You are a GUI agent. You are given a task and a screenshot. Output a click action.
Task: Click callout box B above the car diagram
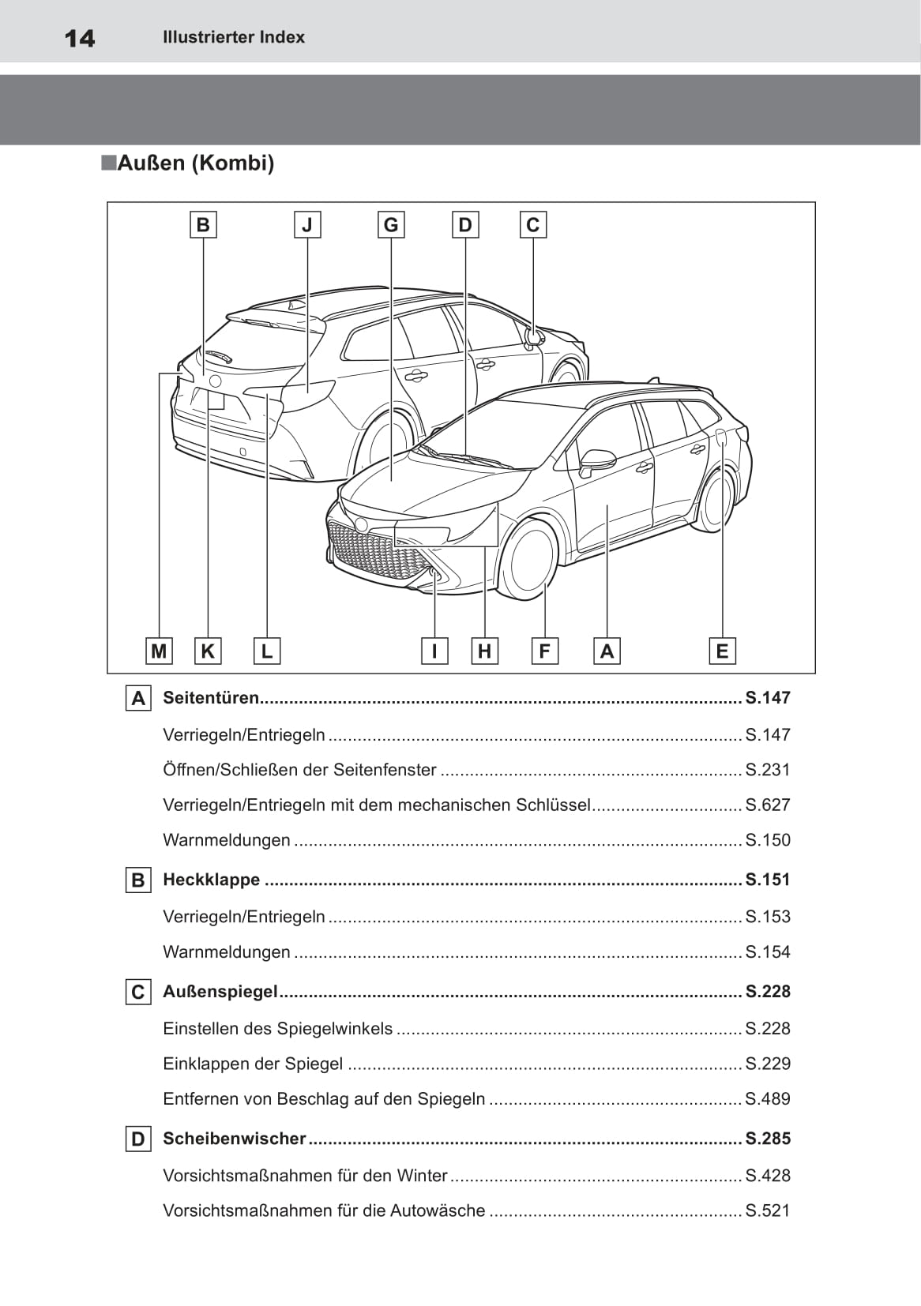pos(203,225)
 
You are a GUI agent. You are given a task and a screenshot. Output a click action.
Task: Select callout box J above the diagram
pos(307,225)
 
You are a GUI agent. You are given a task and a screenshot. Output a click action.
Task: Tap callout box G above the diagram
pos(391,225)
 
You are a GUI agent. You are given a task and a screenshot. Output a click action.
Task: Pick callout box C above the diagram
pos(533,225)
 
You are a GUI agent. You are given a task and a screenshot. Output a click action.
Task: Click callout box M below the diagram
pos(159,651)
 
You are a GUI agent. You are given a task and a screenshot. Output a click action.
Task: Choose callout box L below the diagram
pos(267,651)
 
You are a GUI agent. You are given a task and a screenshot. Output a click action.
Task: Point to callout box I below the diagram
pos(434,651)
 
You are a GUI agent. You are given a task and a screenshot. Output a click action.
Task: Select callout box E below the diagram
pos(722,651)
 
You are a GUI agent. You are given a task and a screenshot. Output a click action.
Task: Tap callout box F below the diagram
pos(544,651)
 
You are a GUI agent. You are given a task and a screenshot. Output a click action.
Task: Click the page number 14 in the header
pos(80,38)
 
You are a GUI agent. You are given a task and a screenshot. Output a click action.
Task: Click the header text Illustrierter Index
pos(233,37)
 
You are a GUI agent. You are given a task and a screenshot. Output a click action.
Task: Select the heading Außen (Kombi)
pos(195,163)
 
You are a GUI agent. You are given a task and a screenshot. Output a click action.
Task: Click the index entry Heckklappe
pos(211,880)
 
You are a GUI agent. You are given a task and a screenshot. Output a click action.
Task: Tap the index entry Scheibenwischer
pos(234,1139)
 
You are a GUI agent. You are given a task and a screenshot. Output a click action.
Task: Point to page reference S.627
pos(768,805)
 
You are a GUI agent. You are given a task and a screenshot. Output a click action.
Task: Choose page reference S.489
pos(768,1099)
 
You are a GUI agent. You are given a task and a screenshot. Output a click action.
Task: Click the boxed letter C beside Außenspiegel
pos(138,993)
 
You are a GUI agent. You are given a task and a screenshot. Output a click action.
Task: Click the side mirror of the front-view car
pos(596,462)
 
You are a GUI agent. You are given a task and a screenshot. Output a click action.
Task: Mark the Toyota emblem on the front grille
pos(362,524)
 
